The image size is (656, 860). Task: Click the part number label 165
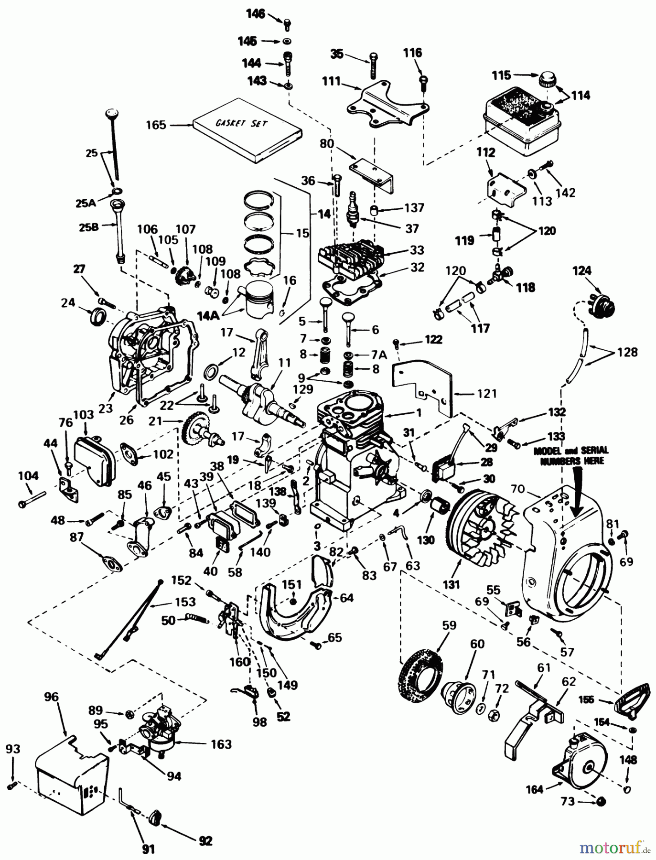pos(156,125)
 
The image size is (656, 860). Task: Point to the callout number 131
pos(452,584)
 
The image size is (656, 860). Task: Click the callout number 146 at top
pos(256,14)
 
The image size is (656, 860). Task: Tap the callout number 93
pos(13,749)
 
